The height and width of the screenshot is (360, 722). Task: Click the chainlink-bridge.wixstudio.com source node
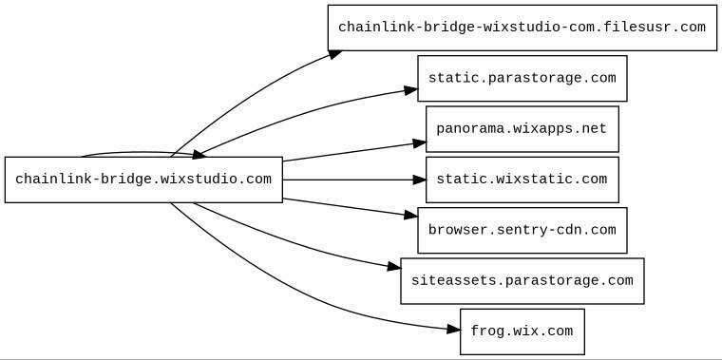(143, 180)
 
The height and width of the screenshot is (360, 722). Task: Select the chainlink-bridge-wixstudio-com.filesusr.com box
(522, 28)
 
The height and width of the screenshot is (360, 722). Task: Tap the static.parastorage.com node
(522, 78)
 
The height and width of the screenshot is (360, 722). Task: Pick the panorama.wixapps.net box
(522, 129)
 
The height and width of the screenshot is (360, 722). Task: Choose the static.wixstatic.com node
(522, 180)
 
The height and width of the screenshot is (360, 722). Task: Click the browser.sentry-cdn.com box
(522, 230)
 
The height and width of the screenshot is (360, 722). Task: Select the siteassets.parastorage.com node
(522, 281)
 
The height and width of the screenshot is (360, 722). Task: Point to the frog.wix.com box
(522, 332)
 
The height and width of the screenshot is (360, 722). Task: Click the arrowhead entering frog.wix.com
(453, 329)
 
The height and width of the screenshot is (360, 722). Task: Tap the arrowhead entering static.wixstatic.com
(420, 180)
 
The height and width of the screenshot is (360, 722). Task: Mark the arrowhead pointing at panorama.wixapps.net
(420, 143)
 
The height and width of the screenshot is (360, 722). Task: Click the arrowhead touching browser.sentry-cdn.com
(411, 215)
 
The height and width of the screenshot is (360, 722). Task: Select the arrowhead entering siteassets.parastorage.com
(394, 267)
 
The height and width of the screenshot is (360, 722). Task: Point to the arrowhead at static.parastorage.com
(411, 90)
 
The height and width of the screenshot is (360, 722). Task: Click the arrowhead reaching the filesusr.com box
(335, 54)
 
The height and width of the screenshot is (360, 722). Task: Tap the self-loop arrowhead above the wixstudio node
(199, 155)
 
